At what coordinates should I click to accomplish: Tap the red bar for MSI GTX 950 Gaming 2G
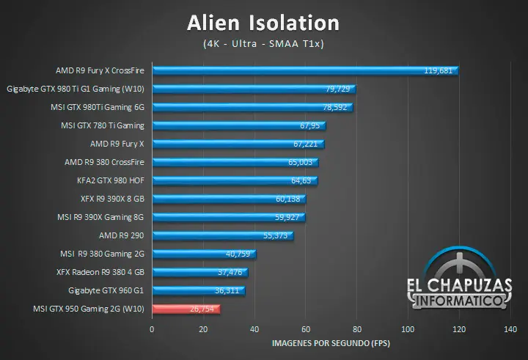click(186, 309)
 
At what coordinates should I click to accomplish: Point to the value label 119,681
click(439, 71)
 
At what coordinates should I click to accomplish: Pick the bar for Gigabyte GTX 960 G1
click(198, 290)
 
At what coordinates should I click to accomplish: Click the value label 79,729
click(337, 89)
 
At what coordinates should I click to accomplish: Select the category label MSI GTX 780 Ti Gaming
click(102, 125)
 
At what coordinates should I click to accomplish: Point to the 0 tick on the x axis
click(152, 330)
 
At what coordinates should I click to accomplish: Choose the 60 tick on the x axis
click(306, 330)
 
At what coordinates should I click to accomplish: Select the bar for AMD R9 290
click(222, 235)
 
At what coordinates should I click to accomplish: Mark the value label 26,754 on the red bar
click(203, 309)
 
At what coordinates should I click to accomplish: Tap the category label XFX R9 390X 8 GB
click(112, 199)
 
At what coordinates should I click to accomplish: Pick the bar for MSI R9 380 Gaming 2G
click(203, 254)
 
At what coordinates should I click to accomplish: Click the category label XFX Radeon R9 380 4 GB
click(100, 272)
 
